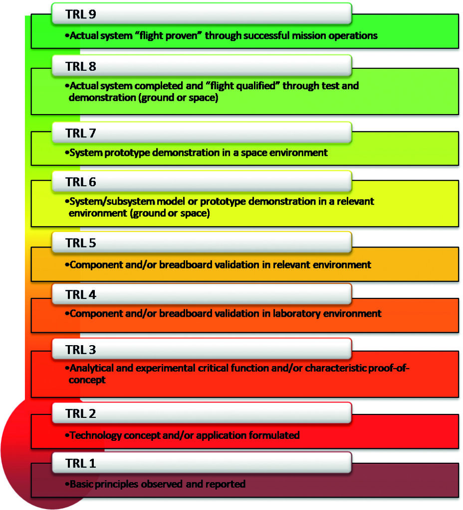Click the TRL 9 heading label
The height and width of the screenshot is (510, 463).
[80, 14]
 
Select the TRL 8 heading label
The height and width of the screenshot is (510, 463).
[80, 66]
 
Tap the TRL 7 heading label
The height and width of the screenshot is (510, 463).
[80, 133]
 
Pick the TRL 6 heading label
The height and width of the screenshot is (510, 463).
[80, 182]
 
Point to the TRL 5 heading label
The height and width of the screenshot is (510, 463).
[80, 243]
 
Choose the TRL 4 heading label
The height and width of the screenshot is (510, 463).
[80, 294]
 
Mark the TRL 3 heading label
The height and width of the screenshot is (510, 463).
[80, 350]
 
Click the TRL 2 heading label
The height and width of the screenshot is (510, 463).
[80, 413]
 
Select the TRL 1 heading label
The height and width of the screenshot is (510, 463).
[80, 463]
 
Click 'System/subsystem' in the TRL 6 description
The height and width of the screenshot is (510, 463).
[112, 202]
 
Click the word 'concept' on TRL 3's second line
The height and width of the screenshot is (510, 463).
[87, 380]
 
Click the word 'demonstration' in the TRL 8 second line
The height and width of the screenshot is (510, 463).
[102, 98]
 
